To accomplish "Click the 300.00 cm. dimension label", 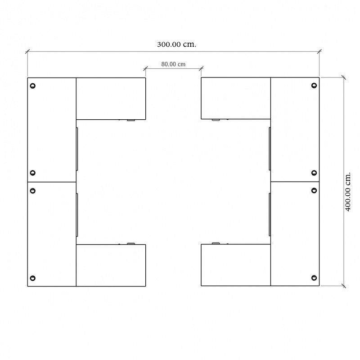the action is [176, 44].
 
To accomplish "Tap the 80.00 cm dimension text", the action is [173, 64].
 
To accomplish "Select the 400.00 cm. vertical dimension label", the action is [348, 192].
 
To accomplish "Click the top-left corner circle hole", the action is [32, 86].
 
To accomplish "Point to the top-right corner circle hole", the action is [314, 85].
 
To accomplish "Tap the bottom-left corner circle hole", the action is [32, 278].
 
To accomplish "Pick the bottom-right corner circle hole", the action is [314, 278].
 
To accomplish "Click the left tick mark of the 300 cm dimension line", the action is [27, 51].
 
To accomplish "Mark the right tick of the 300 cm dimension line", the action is [319, 51].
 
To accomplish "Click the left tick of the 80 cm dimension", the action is [145, 68].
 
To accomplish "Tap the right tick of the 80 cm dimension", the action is [201, 68].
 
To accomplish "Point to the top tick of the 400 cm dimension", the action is [344, 77].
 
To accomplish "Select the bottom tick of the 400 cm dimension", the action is [344, 286].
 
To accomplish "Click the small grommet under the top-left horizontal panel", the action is [131, 120].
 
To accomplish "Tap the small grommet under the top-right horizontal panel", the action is [216, 120].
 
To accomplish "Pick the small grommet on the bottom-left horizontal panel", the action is [131, 243].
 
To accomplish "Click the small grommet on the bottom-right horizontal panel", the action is [216, 243].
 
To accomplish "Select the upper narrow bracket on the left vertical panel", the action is [77, 149].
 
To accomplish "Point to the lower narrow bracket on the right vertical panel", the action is [270, 215].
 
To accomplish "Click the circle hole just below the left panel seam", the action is [32, 191].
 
